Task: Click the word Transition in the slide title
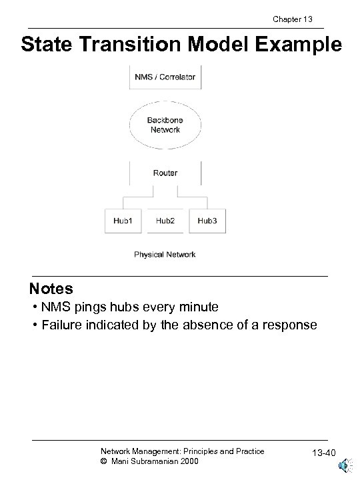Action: point(138,45)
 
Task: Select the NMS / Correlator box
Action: point(165,77)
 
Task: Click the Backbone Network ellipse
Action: point(165,125)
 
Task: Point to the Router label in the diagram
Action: point(165,173)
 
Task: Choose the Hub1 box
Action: point(123,221)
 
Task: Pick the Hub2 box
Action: point(165,221)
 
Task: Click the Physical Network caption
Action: point(165,254)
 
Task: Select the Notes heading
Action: point(51,289)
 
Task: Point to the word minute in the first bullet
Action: point(197,307)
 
